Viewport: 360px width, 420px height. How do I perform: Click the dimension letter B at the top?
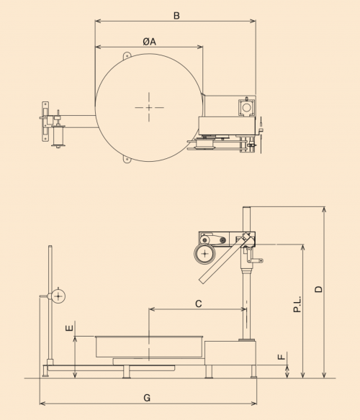tap(176, 16)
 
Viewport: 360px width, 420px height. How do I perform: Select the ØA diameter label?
tap(150, 42)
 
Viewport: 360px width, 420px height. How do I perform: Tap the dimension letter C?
tap(198, 304)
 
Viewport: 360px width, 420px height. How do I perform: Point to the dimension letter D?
tap(318, 289)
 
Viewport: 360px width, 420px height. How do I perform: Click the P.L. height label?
tap(297, 304)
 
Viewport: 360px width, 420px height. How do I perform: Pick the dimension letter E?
tap(69, 328)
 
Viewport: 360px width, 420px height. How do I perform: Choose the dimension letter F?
tap(281, 357)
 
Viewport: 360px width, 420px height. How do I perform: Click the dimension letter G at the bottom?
tap(147, 398)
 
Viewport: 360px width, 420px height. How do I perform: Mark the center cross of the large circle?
tap(149, 107)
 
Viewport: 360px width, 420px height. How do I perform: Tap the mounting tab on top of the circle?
tap(127, 55)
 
